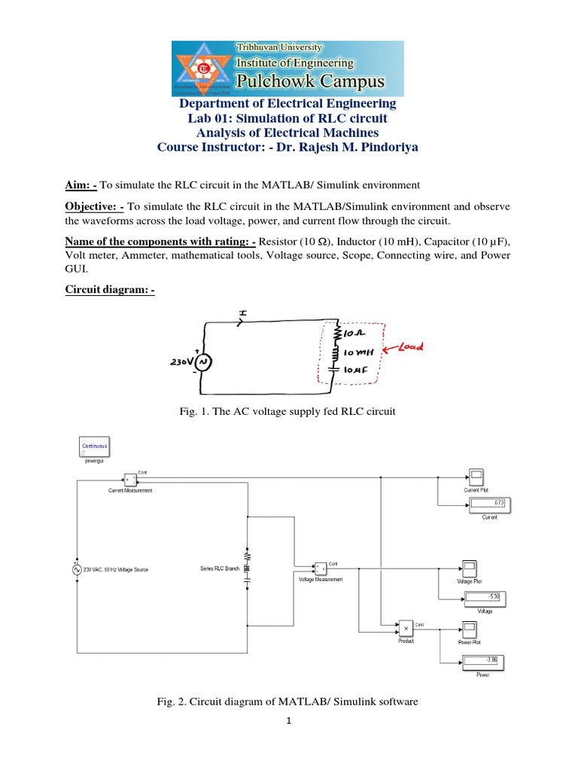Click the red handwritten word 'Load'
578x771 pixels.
(x=411, y=347)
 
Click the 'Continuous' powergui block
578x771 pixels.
(x=95, y=447)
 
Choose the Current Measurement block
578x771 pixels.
(x=129, y=480)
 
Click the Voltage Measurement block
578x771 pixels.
(x=320, y=567)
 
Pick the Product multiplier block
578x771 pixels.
(x=405, y=626)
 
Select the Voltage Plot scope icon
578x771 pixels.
(x=469, y=567)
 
